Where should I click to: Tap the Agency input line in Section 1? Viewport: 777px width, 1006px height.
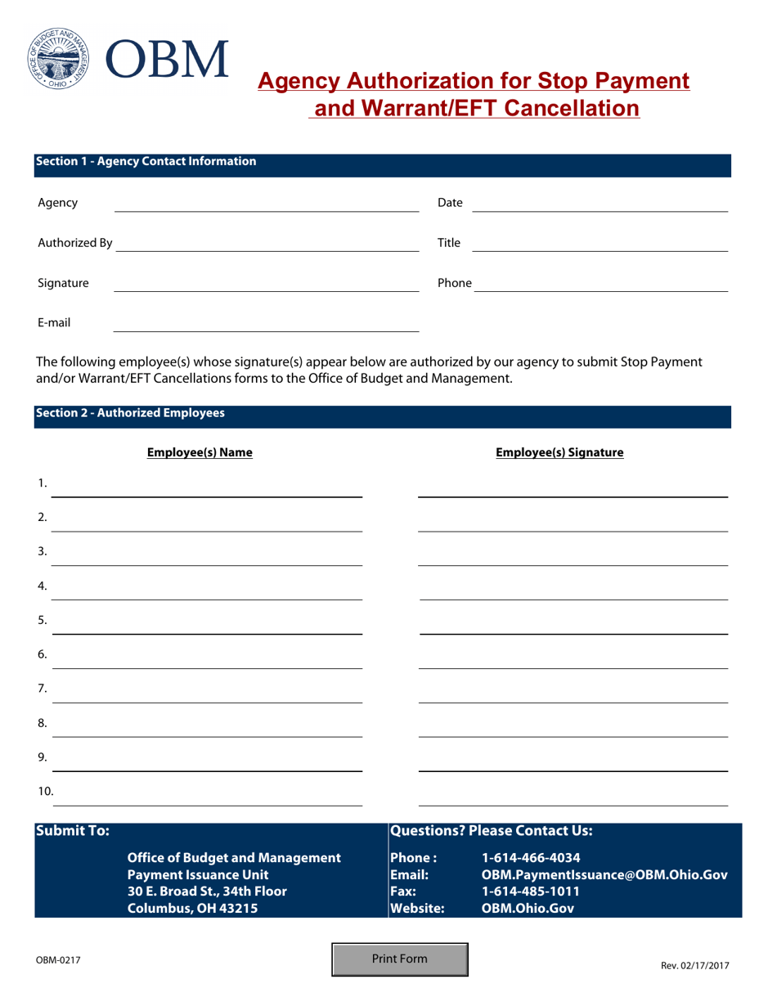coord(266,204)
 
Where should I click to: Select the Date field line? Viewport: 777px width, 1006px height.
coord(600,204)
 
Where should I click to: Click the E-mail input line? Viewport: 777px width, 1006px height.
coord(266,324)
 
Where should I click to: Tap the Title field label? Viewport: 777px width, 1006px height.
coord(449,243)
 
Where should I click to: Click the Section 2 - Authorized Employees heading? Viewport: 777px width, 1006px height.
coord(130,414)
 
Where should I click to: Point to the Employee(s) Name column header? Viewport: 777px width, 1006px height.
coord(200,452)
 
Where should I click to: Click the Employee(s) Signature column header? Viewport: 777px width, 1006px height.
coord(559,452)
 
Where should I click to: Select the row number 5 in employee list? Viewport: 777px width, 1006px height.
coord(43,620)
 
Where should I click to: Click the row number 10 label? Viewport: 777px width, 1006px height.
coord(46,791)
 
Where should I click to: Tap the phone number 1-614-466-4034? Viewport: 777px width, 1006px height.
coord(532,859)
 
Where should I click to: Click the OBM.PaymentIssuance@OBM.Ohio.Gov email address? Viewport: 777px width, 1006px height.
coord(604,875)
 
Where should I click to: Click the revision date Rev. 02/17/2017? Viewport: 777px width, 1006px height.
coord(694,966)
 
